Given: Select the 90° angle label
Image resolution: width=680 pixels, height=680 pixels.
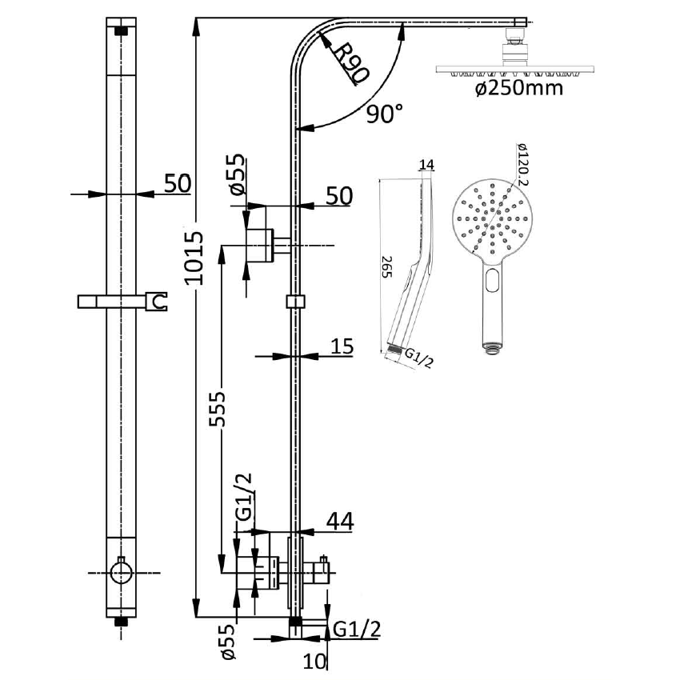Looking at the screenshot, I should click(385, 114).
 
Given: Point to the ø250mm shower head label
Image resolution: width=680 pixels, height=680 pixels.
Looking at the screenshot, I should click(518, 87).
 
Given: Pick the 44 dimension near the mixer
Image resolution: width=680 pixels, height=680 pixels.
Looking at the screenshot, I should click(340, 521).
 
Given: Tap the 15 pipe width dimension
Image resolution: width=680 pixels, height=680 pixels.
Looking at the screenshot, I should click(342, 346).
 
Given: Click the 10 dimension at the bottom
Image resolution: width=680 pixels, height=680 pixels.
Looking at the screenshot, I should click(315, 660).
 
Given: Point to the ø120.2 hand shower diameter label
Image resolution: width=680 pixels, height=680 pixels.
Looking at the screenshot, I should click(521, 165).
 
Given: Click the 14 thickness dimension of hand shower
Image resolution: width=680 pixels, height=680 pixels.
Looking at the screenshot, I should click(426, 166).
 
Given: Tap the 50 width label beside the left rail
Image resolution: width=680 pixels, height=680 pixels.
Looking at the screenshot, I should click(178, 183).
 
